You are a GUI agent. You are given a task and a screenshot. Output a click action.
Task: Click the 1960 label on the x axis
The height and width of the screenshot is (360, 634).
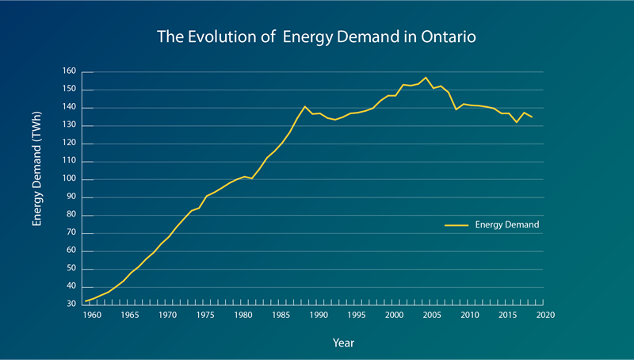[x=92, y=316]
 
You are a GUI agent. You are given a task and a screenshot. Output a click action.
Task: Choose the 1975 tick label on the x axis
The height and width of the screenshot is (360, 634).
[x=205, y=316]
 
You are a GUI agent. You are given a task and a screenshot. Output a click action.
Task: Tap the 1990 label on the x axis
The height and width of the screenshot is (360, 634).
[x=319, y=316]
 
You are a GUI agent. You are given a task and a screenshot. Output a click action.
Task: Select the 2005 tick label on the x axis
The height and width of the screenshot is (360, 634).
[x=432, y=316]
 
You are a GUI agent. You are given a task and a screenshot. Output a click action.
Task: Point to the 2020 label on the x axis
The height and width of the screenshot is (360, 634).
[x=545, y=316]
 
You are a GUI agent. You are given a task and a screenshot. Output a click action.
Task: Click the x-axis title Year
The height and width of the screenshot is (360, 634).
[x=343, y=343]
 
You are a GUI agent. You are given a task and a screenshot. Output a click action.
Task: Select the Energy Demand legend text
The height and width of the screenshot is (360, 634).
[x=507, y=225]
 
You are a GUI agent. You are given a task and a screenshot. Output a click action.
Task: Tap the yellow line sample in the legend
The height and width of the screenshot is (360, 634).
[x=457, y=225]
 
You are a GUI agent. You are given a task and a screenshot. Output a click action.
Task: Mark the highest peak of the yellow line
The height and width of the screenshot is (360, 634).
[x=426, y=78]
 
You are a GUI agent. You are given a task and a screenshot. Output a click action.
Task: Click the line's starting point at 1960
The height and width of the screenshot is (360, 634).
[x=86, y=301]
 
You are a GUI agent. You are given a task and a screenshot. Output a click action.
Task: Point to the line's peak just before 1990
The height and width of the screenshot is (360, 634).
[x=304, y=106]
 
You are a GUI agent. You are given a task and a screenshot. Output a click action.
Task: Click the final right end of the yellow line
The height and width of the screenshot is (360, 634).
[x=531, y=117]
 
